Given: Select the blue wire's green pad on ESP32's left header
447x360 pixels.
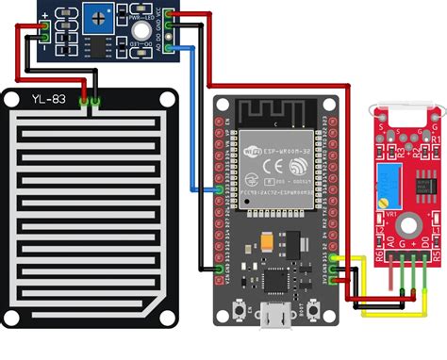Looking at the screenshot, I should point(219,191).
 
